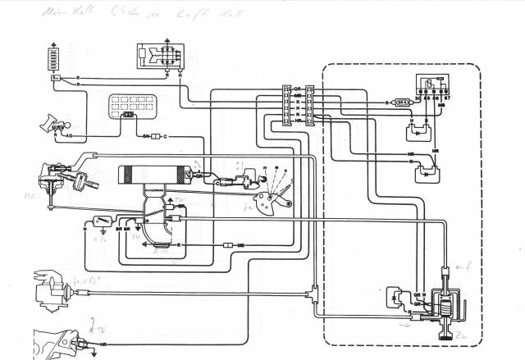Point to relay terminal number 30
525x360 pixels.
[417, 98]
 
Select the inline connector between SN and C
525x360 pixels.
[156, 134]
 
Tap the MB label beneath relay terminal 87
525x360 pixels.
[441, 106]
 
